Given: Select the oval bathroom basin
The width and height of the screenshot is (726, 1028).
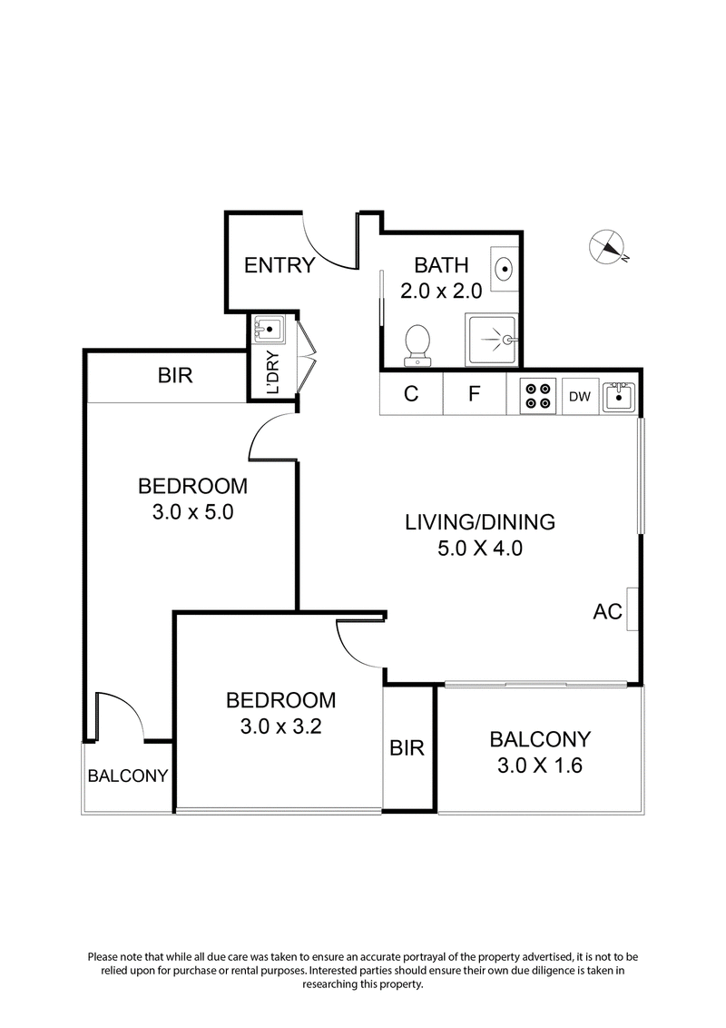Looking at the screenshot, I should coord(504,268).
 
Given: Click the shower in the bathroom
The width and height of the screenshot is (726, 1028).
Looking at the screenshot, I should coord(492,341).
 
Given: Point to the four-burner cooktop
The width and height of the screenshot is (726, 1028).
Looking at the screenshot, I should coord(537,396).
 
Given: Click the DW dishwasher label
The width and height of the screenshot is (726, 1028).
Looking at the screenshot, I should coord(579,396).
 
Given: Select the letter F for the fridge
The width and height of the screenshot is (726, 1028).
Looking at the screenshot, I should coord(474,396).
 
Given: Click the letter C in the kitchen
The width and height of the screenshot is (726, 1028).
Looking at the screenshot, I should coord(411,396).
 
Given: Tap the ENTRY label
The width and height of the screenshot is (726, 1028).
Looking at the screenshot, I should coord(280,265).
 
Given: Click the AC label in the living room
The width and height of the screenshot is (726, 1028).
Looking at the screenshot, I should coord(607,611).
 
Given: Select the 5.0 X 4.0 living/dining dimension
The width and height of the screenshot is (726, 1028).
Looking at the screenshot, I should coord(479,548).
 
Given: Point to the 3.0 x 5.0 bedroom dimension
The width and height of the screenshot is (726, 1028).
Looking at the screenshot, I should coord(193,511).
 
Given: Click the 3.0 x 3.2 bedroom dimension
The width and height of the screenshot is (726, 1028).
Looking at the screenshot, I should coord(280,727).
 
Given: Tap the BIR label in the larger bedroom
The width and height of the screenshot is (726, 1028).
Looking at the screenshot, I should coord(175,375).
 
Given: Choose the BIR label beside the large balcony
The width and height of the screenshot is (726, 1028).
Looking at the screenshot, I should coord(407,747).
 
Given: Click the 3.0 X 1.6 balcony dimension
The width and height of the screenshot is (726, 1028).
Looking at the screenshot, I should coord(539,765).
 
